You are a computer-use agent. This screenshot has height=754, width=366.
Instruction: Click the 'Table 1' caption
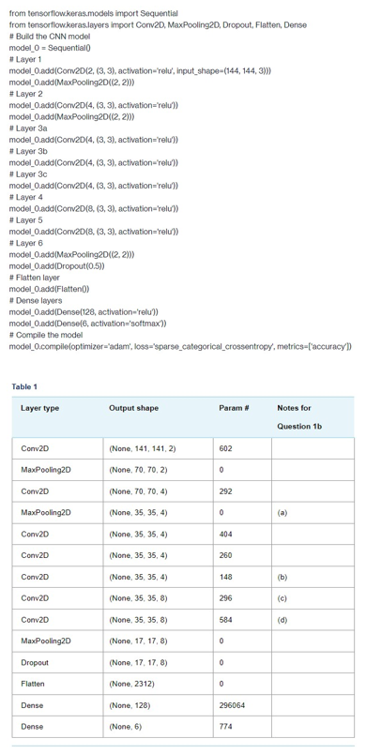point(24,386)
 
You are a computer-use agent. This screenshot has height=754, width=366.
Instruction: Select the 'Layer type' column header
point(39,408)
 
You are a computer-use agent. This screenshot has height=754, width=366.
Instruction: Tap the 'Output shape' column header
point(133,408)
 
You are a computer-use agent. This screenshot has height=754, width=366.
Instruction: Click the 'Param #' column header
point(233,408)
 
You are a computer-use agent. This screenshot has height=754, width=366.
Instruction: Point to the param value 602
point(225,448)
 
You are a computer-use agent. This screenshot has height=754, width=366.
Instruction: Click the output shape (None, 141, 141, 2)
point(142,448)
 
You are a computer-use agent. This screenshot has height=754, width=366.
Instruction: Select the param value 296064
point(232,704)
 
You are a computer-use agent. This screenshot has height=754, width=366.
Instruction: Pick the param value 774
point(225,726)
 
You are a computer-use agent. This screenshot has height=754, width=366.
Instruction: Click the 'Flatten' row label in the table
point(35,684)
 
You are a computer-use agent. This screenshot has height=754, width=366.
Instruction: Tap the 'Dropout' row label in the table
point(36,662)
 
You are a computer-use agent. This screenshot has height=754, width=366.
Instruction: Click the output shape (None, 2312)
point(131,684)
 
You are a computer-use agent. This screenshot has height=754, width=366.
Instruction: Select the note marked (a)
point(282,513)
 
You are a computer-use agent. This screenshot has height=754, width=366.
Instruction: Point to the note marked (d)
point(282,619)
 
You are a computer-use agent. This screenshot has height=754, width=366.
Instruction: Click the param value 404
point(225,534)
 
